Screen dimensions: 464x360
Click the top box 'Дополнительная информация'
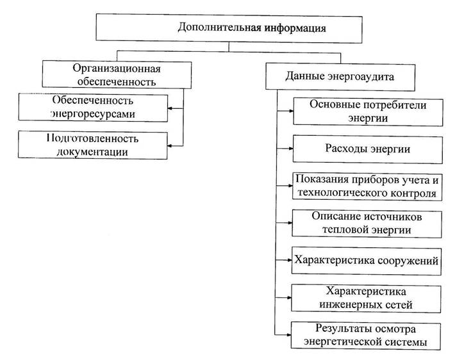[229, 28]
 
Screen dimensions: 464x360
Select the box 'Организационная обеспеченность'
[117, 74]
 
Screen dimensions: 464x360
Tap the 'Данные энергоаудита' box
[340, 77]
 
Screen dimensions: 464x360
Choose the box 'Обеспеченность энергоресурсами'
[93, 108]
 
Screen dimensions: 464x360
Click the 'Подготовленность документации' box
[93, 145]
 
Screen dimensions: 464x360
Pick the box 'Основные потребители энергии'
[368, 112]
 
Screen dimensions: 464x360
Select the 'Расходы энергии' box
[368, 149]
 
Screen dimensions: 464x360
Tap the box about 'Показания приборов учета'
[367, 186]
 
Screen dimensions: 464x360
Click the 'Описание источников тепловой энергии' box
[367, 224]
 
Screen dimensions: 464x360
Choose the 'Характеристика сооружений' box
[367, 261]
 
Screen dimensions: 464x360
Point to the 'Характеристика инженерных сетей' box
[366, 299]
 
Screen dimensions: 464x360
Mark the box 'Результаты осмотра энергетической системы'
[366, 336]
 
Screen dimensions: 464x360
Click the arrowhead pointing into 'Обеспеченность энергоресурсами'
[170, 108]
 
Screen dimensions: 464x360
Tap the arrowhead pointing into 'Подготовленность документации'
[170, 145]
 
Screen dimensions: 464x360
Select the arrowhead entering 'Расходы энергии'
[290, 149]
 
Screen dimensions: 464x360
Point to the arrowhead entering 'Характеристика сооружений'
[290, 260]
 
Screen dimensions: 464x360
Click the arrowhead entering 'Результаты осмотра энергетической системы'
[288, 335]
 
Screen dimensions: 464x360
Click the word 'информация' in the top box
[295, 28]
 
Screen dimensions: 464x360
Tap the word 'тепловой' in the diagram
[340, 230]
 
